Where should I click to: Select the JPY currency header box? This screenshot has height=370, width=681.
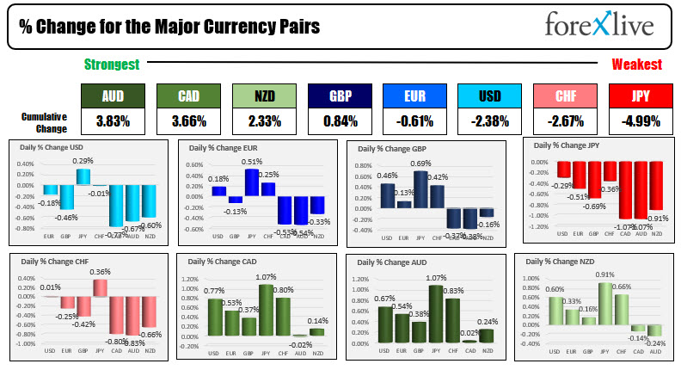click(x=641, y=96)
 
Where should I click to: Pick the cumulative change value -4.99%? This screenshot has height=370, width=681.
click(x=641, y=121)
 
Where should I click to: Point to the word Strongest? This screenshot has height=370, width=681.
click(x=113, y=65)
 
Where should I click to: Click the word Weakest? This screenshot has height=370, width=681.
click(x=636, y=65)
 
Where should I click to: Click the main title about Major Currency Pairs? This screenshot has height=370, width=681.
click(x=169, y=28)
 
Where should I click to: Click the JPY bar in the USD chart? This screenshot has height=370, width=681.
click(x=83, y=177)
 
